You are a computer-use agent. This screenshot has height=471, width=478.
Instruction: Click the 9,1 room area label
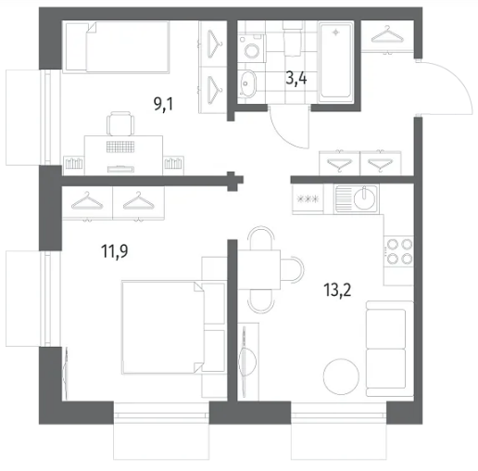[x=163, y=104]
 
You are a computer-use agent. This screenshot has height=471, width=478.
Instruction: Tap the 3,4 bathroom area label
[x=296, y=78]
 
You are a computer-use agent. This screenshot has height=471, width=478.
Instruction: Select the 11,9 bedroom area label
[x=115, y=251]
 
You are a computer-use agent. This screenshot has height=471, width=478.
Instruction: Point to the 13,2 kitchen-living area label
[x=337, y=290]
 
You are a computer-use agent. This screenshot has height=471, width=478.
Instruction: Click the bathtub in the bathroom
[x=336, y=61]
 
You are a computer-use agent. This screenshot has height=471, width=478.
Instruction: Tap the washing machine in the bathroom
[x=252, y=48]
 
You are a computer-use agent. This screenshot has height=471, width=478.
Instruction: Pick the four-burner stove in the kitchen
[x=399, y=251]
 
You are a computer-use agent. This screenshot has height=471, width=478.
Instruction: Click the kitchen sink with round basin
[x=357, y=198]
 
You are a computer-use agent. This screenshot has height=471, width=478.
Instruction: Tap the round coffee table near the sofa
[x=341, y=376]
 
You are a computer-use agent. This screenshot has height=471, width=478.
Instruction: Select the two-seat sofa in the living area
[x=390, y=349]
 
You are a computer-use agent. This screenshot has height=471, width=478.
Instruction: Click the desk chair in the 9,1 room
[x=120, y=123]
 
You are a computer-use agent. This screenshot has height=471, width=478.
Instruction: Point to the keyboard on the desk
[x=120, y=146]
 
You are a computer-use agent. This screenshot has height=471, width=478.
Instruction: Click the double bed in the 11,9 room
[x=164, y=327]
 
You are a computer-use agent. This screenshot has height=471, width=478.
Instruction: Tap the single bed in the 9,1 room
[x=116, y=47]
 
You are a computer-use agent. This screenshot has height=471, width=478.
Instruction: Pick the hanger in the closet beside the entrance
[x=387, y=35]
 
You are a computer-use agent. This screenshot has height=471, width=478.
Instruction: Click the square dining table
[x=258, y=270]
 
